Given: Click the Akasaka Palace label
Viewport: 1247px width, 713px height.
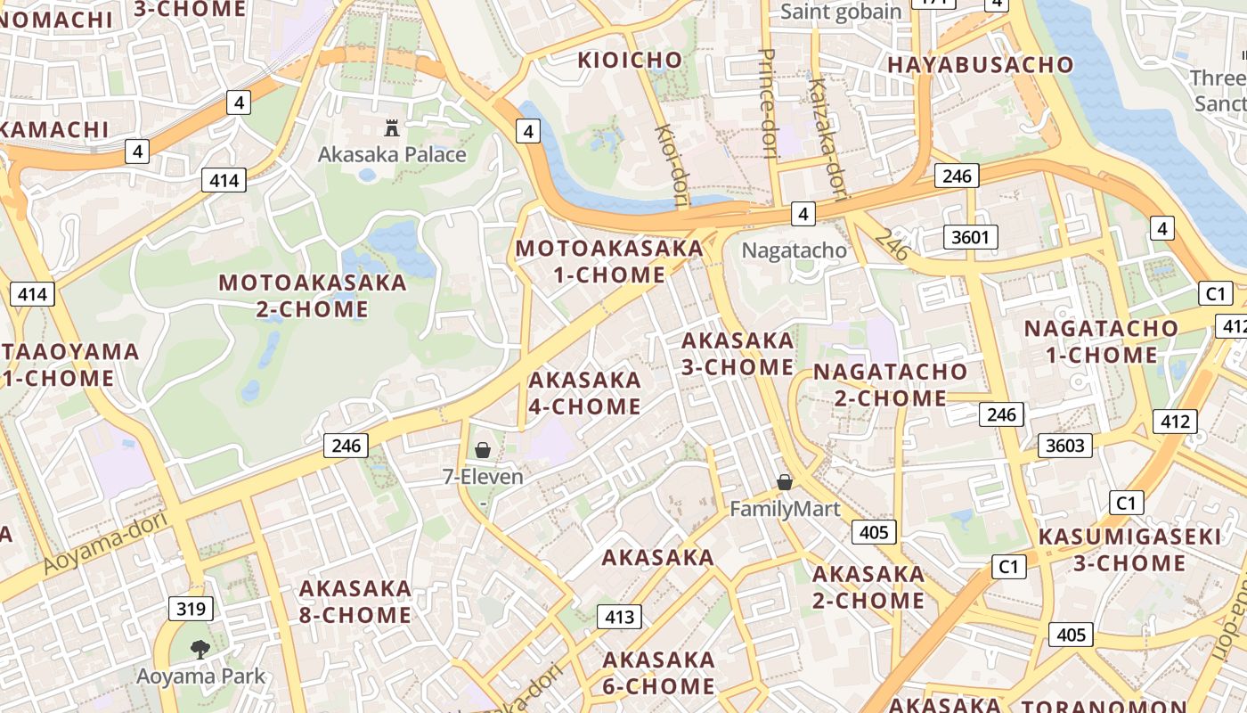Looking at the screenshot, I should [x=392, y=154].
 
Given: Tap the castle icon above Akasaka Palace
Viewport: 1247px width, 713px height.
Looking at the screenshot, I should [x=391, y=127].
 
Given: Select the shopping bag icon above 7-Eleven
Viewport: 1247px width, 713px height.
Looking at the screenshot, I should [x=483, y=450].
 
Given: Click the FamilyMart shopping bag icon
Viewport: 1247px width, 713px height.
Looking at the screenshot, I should [x=785, y=482].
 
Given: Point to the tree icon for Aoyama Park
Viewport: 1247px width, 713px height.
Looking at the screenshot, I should [x=200, y=649].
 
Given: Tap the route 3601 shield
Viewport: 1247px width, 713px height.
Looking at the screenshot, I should [x=971, y=237].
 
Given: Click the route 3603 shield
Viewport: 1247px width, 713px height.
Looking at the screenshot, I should [x=1064, y=446].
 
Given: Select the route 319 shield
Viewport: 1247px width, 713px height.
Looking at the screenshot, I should [x=192, y=610].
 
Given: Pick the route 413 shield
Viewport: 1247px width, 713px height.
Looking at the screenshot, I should [x=619, y=617].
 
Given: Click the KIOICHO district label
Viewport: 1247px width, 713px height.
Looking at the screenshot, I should [x=630, y=61].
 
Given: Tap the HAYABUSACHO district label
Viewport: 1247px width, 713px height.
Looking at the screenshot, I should [x=981, y=64].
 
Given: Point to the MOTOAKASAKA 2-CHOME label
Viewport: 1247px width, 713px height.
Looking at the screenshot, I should [x=313, y=296].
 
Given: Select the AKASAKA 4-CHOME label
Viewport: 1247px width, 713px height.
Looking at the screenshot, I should [x=584, y=393].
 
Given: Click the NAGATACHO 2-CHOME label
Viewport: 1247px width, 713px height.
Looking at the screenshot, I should [x=890, y=384].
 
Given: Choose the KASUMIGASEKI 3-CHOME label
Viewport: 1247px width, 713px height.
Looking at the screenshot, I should [x=1129, y=550].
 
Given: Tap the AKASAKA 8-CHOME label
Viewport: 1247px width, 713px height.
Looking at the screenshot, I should [x=355, y=602].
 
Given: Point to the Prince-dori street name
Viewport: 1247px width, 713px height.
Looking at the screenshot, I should [x=769, y=102].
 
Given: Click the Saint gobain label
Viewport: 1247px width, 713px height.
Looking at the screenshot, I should [x=841, y=12].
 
